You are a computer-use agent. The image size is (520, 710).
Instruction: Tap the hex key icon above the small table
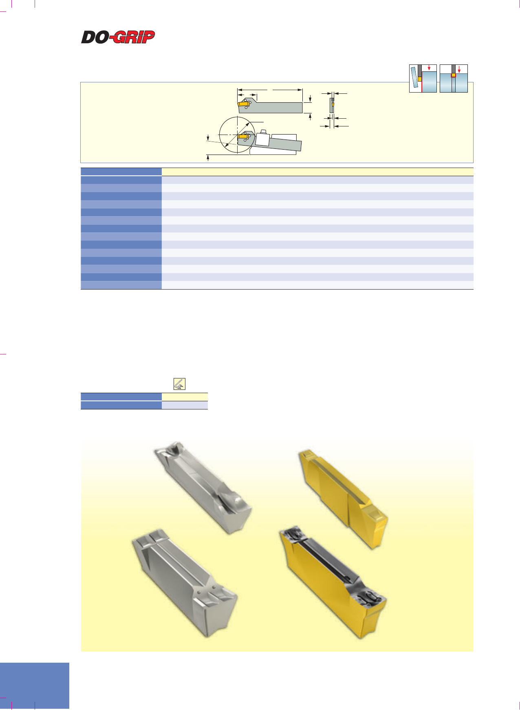pos(179,384)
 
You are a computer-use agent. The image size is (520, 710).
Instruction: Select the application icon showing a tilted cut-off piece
pos(423,78)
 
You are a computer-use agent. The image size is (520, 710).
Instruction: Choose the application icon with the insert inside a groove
pos(454,78)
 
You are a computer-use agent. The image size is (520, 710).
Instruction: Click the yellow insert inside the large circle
pos(243,136)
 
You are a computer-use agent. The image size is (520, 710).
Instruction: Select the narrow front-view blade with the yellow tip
pos(332,105)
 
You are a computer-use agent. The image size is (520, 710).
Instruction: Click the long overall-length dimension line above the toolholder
pos(270,89)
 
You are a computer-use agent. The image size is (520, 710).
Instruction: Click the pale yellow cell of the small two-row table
pos(185,396)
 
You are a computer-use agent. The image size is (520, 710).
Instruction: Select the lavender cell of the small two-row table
pos(185,405)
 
